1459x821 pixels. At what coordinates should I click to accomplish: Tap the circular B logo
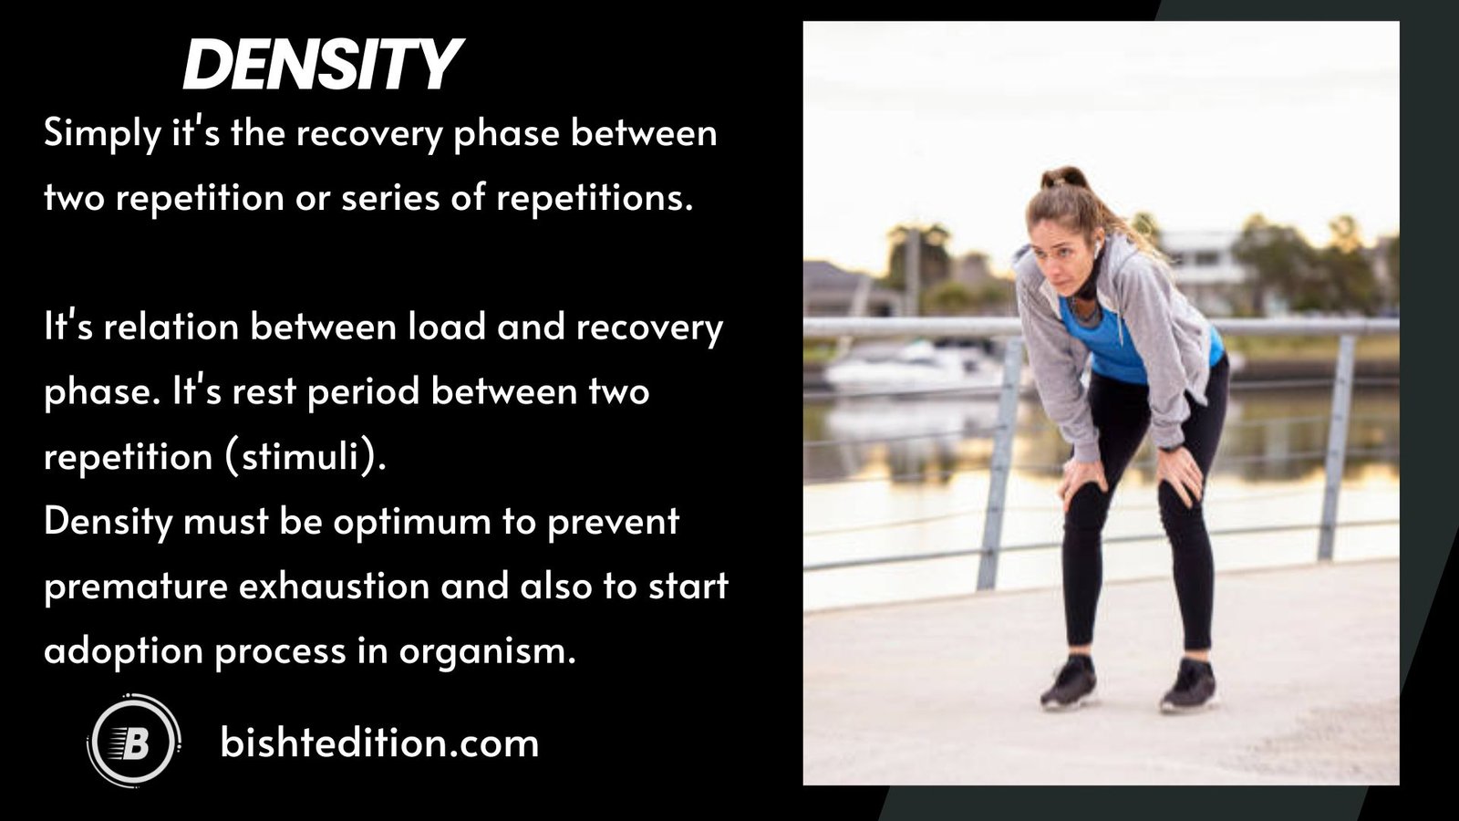pyautogui.click(x=134, y=742)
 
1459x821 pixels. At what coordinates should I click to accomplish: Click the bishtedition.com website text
pyautogui.click(x=379, y=743)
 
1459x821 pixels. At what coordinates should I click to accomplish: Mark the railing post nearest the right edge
pyautogui.click(x=1337, y=447)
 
